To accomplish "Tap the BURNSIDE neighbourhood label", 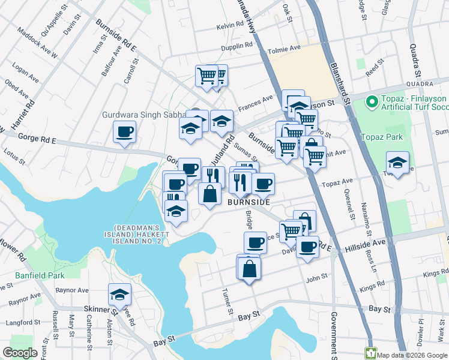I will (x=249, y=203).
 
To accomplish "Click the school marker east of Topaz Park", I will (x=397, y=163).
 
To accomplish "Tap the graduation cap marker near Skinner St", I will (x=120, y=295).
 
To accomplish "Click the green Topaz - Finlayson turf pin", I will (x=372, y=101).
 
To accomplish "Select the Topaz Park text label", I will (x=381, y=137).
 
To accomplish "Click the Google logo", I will (x=20, y=353).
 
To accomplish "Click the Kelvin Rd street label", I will (x=231, y=25).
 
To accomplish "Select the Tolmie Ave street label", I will (x=287, y=48).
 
